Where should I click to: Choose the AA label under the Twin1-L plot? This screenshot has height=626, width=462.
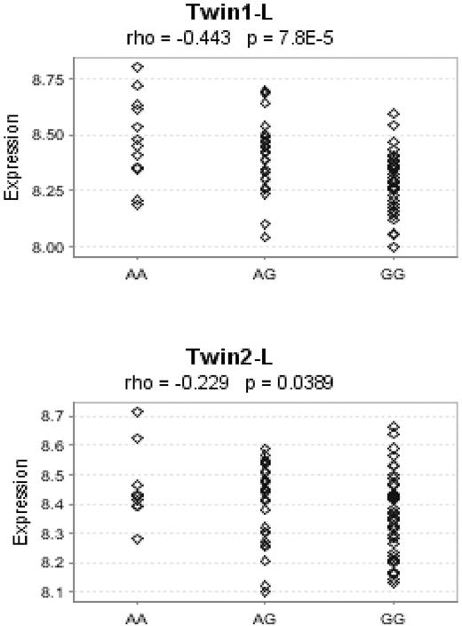tap(138, 275)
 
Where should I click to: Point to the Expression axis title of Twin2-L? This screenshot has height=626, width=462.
tap(12, 503)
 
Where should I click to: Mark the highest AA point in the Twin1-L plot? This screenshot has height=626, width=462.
tap(138, 67)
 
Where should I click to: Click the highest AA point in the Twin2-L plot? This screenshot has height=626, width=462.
tap(138, 412)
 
